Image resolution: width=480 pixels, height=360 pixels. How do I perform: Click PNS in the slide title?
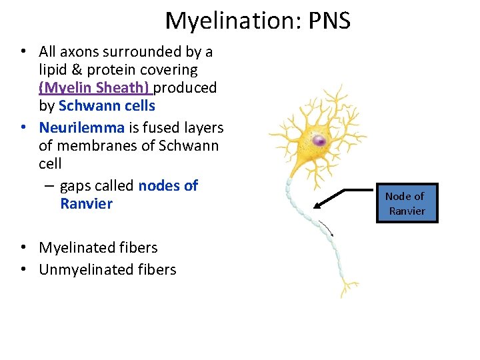tap(326, 21)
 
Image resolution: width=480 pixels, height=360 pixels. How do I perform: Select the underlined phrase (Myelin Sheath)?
tap(95, 87)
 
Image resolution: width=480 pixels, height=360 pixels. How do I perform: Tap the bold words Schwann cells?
tap(107, 105)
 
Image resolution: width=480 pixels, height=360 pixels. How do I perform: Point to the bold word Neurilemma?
tap(81, 127)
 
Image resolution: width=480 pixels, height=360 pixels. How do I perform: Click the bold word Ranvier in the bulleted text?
tap(86, 203)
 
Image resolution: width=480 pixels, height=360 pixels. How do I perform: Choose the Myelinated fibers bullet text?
tap(98, 247)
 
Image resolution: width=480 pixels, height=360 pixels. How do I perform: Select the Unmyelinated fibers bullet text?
tap(107, 269)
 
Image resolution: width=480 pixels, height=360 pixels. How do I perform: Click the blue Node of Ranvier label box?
tap(407, 203)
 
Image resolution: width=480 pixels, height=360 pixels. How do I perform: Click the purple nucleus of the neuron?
tap(320, 141)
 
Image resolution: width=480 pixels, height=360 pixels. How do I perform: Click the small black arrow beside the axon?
tap(327, 227)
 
